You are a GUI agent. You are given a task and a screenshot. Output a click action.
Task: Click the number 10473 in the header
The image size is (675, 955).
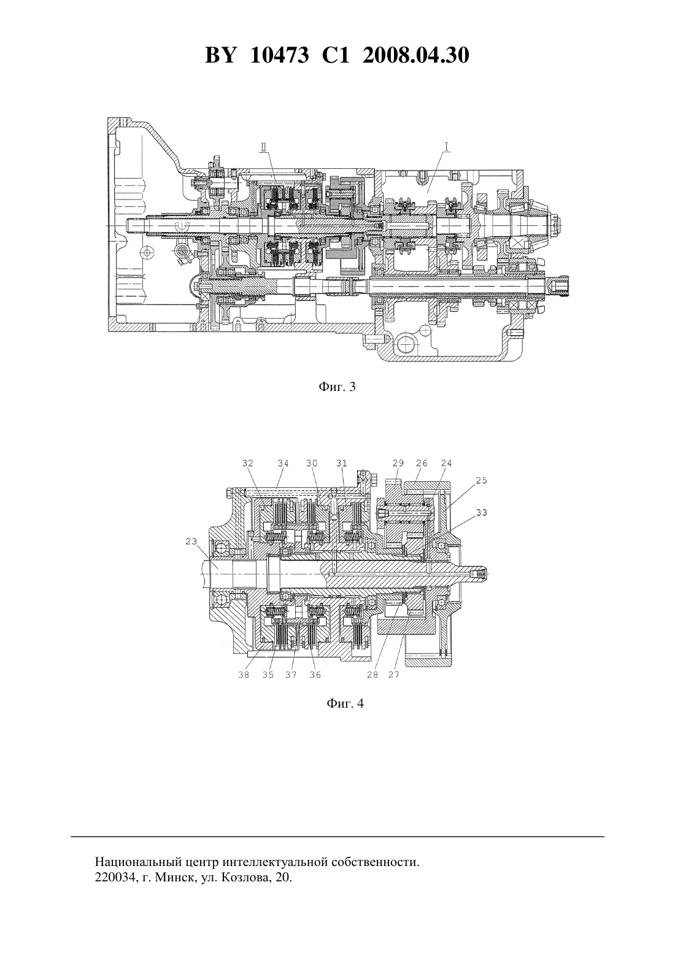pyautogui.click(x=279, y=55)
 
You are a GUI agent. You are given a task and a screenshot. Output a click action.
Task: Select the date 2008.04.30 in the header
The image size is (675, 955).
pyautogui.click(x=416, y=55)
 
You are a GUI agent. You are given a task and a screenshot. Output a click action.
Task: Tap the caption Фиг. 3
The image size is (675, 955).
pyautogui.click(x=337, y=387)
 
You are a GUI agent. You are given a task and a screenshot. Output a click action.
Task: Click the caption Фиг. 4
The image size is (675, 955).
pyautogui.click(x=345, y=703)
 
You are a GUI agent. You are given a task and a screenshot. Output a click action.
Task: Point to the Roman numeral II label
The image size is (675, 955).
pyautogui.click(x=264, y=147)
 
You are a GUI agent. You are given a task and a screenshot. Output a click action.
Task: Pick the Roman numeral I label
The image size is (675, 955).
pyautogui.click(x=447, y=147)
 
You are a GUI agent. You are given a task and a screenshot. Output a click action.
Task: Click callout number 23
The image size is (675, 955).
pyautogui.click(x=191, y=541)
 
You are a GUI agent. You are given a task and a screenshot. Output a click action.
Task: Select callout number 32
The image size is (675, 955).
pyautogui.click(x=248, y=463)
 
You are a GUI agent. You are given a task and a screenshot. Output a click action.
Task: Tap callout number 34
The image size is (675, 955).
pyautogui.click(x=283, y=463)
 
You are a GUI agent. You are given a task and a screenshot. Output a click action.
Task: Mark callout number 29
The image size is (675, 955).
pyautogui.click(x=398, y=463)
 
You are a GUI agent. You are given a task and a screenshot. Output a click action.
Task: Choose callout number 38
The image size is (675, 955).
pyautogui.click(x=244, y=675)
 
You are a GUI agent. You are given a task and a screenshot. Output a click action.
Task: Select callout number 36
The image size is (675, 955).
pyautogui.click(x=315, y=675)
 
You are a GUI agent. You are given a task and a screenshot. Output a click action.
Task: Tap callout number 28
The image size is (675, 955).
pyautogui.click(x=372, y=675)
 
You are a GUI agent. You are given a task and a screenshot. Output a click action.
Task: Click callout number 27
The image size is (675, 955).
pyautogui.click(x=394, y=675)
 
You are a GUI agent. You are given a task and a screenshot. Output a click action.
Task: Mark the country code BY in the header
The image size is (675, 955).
pyautogui.click(x=220, y=55)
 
